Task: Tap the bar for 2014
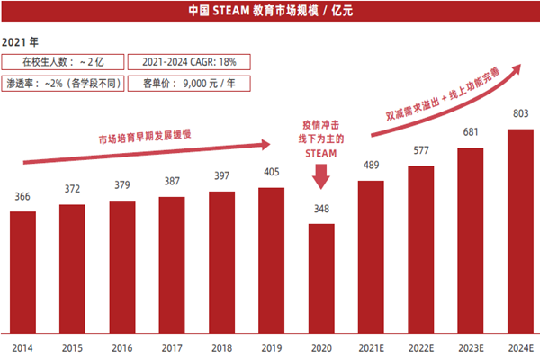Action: click(22, 272)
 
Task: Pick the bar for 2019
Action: click(272, 260)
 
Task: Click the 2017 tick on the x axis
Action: click(172, 347)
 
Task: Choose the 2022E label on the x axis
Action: click(420, 347)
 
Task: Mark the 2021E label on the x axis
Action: click(371, 347)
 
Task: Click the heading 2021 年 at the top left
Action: click(21, 42)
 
